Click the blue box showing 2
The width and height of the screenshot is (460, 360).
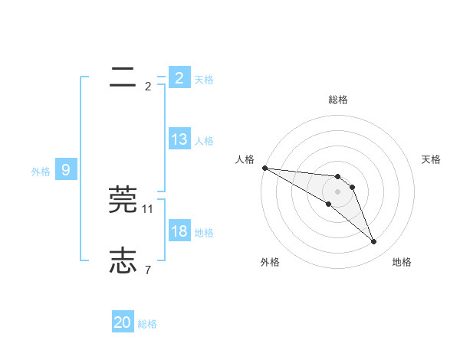point(179,78)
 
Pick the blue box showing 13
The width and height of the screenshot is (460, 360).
point(179,140)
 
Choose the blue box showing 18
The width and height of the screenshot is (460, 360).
point(179,232)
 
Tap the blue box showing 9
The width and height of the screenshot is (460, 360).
point(66,171)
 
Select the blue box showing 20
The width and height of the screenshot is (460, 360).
point(123,323)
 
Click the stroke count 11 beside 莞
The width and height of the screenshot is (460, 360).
point(148,208)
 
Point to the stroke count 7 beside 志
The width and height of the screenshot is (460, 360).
point(148,270)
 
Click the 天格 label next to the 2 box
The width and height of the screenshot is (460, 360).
point(204,79)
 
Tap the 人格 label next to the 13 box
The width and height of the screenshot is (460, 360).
point(204,141)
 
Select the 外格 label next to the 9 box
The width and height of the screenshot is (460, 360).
point(41,172)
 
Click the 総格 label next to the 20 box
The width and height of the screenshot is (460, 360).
point(147,324)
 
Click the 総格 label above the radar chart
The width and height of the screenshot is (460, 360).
point(338,100)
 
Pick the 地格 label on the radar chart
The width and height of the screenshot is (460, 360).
point(402,262)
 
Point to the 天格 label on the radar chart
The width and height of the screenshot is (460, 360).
point(432,159)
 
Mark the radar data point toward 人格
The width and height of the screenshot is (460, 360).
point(264,168)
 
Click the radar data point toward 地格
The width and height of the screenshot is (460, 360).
point(374,242)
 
